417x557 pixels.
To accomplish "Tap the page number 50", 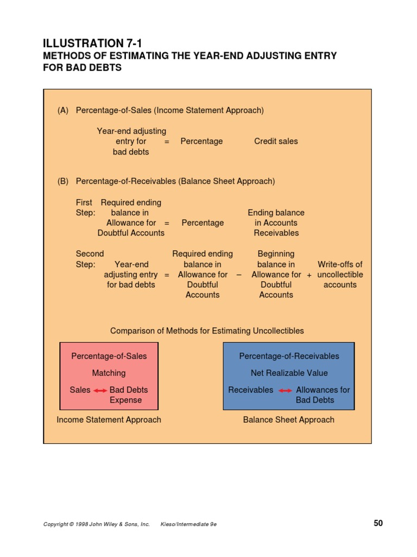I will (x=378, y=523).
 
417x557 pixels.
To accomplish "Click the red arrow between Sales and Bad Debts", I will (x=100, y=390).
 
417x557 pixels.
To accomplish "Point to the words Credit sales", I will (x=276, y=141).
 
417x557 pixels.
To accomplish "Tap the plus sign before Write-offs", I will (x=309, y=275).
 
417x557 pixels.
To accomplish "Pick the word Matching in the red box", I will (x=109, y=373).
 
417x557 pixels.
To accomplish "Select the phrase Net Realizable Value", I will (x=289, y=373).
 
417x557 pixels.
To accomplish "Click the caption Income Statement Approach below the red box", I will (x=109, y=420).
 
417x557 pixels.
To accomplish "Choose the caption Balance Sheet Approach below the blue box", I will (x=289, y=420).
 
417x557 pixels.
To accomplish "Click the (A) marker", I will (x=63, y=110).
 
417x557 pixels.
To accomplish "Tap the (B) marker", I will (x=63, y=181).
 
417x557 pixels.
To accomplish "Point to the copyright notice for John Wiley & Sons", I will (x=96, y=524).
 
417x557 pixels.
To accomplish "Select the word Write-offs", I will (x=340, y=265).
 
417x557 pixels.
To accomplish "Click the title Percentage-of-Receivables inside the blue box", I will (x=289, y=356).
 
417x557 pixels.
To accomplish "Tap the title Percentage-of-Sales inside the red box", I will (x=109, y=356).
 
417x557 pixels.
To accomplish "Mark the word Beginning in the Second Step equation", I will (x=276, y=254).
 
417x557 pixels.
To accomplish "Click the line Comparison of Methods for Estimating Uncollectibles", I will (x=207, y=331).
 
